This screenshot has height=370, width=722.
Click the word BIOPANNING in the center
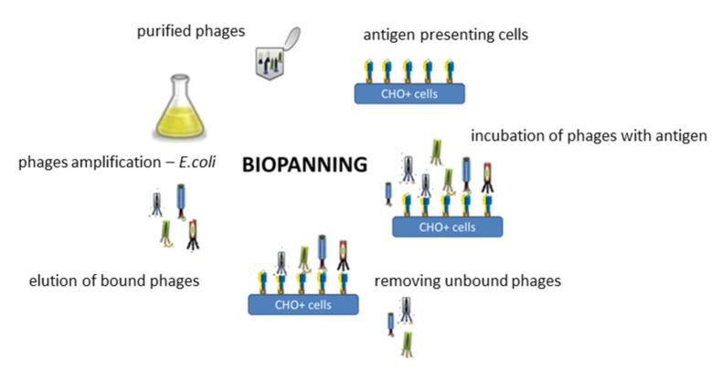[303, 166]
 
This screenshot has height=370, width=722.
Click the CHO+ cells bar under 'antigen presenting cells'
[409, 92]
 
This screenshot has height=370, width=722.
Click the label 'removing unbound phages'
[467, 280]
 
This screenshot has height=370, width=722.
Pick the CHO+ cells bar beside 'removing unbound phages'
[303, 304]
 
